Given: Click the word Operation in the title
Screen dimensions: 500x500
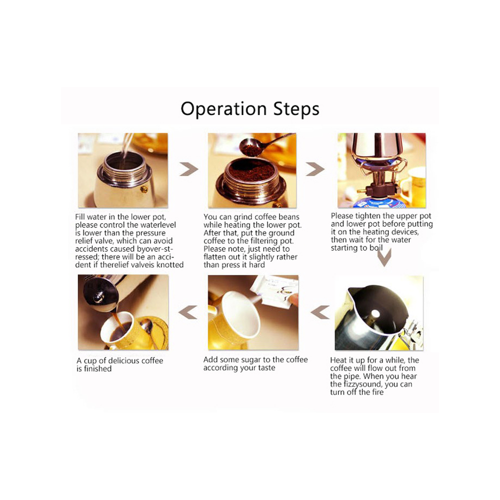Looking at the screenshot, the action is click(223, 109).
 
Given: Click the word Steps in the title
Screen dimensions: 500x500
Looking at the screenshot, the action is click(296, 108).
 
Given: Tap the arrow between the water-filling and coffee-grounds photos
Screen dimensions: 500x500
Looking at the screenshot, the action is click(188, 169).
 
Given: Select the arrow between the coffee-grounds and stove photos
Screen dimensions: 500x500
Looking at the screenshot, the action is click(315, 169).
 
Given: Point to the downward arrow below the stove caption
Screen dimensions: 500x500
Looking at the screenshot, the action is click(384, 257).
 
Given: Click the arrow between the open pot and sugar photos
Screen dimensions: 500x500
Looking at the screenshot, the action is click(320, 312).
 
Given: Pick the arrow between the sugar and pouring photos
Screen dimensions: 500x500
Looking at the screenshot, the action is click(188, 312).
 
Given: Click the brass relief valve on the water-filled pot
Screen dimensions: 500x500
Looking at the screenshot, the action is click(144, 189).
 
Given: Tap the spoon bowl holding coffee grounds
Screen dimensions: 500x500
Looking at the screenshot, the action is click(250, 147).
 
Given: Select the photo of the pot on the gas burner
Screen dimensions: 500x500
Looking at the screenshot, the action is click(381, 170).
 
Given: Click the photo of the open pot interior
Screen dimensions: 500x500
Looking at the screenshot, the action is click(379, 313).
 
